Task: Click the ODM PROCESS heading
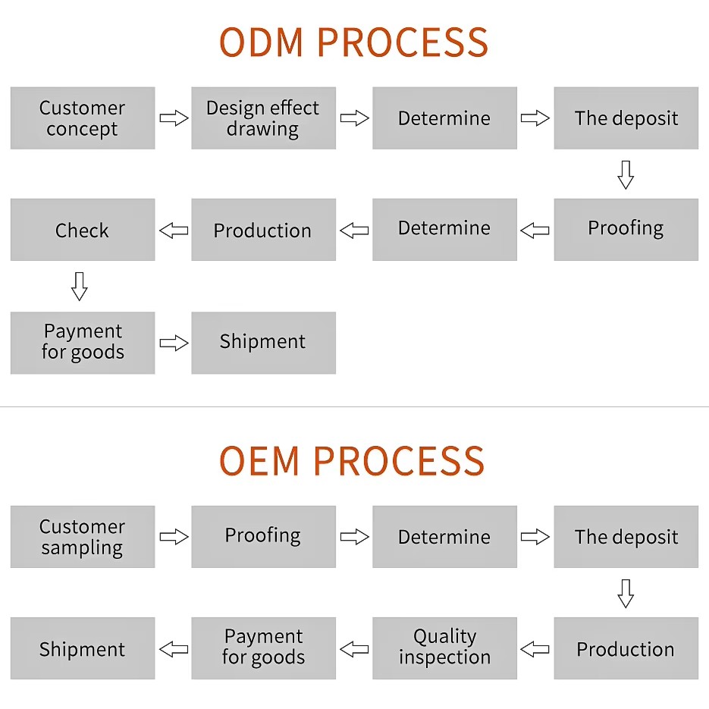pyautogui.click(x=353, y=42)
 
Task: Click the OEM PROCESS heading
pyautogui.click(x=352, y=461)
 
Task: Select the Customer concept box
pyautogui.click(x=83, y=118)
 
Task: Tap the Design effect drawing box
pyautogui.click(x=264, y=118)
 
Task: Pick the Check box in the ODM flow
pyautogui.click(x=83, y=229)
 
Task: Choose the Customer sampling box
pyautogui.click(x=83, y=537)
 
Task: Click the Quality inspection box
pyautogui.click(x=445, y=648)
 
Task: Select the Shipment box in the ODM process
pyautogui.click(x=264, y=343)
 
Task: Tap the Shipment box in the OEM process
pyautogui.click(x=83, y=648)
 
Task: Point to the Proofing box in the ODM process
pyautogui.click(x=626, y=229)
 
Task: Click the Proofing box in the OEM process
pyautogui.click(x=264, y=537)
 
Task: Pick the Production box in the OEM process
pyautogui.click(x=626, y=648)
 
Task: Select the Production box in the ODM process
pyautogui.click(x=264, y=229)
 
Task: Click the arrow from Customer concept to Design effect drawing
pyautogui.click(x=174, y=118)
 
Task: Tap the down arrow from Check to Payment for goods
pyautogui.click(x=80, y=286)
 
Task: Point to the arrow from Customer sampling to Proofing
pyautogui.click(x=174, y=537)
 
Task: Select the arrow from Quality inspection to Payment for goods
pyautogui.click(x=354, y=650)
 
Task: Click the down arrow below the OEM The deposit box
pyautogui.click(x=626, y=594)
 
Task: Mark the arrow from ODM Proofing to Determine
pyautogui.click(x=535, y=231)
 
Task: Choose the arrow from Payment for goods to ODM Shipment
pyautogui.click(x=174, y=344)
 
